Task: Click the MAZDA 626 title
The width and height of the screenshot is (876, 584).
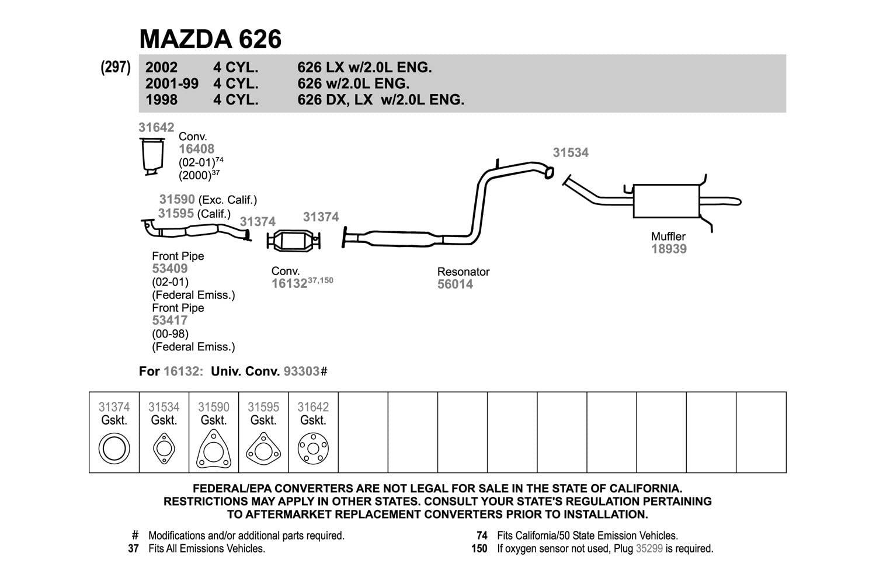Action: point(210,39)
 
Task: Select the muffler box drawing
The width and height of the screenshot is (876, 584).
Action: point(666,201)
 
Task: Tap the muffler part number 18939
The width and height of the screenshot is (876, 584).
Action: point(669,249)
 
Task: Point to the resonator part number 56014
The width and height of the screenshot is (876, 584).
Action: point(455,284)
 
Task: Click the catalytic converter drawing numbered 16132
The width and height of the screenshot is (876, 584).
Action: point(294,241)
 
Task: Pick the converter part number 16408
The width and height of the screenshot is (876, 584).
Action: point(196,149)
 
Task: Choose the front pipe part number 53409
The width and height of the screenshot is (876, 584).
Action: point(170,268)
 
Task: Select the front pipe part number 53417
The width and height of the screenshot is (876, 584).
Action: point(170,321)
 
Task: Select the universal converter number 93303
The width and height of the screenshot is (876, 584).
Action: point(301,371)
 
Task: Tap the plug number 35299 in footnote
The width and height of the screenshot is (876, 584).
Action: point(649,548)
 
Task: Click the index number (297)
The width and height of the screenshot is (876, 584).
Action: point(116,67)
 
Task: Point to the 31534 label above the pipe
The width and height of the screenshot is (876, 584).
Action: point(571,152)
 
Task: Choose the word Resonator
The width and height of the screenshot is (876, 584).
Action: point(464,272)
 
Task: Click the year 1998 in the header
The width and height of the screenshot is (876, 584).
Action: point(162,100)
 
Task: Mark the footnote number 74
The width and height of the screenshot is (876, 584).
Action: point(482,536)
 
